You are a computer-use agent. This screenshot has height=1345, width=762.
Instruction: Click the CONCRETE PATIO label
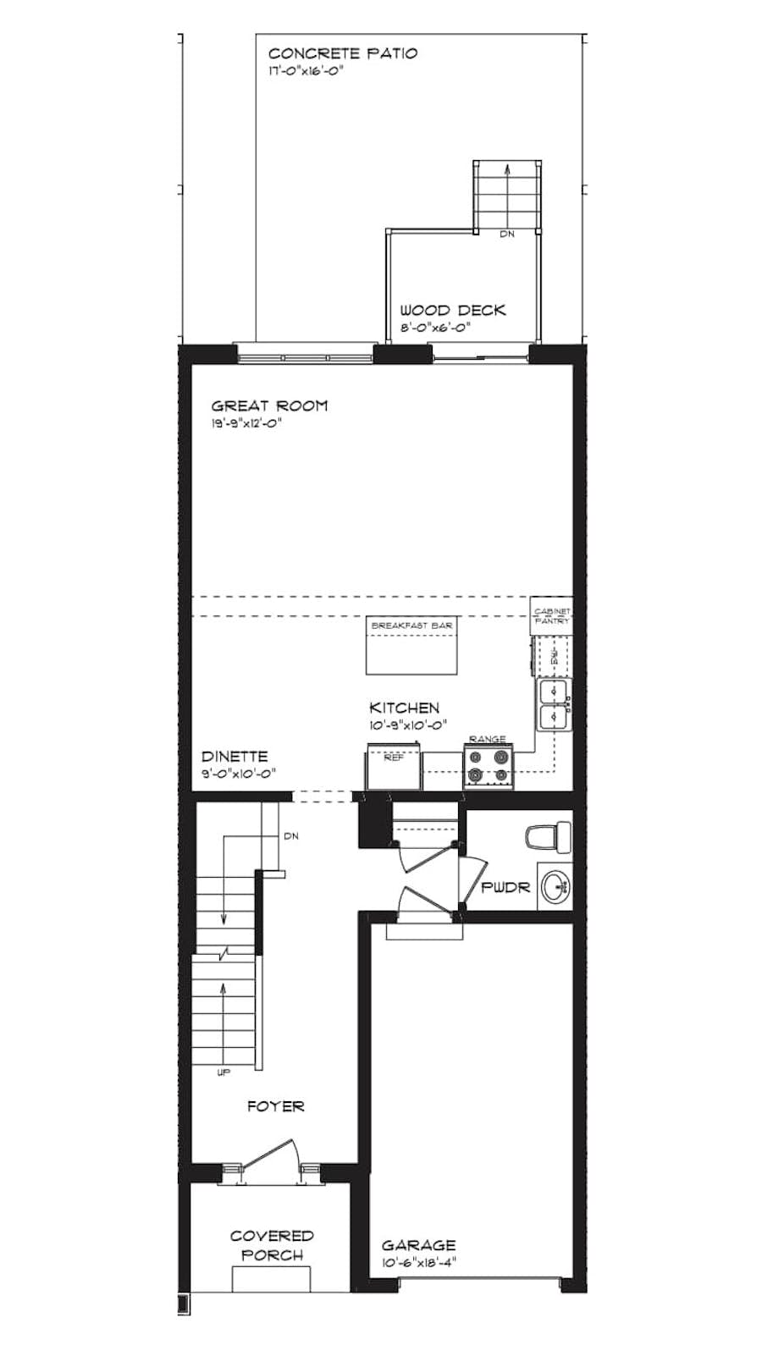pyautogui.click(x=342, y=53)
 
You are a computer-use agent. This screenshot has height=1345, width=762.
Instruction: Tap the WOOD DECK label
pyautogui.click(x=452, y=311)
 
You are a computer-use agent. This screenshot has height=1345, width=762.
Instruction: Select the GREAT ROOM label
pyautogui.click(x=269, y=406)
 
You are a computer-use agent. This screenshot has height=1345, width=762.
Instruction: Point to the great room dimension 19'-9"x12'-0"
pyautogui.click(x=246, y=423)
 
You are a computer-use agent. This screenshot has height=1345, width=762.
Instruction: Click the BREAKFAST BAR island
pyautogui.click(x=411, y=648)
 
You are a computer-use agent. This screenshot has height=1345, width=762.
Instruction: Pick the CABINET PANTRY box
pyautogui.click(x=551, y=616)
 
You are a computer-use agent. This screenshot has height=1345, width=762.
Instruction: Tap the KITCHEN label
pyautogui.click(x=404, y=708)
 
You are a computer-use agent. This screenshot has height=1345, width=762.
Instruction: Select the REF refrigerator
pyautogui.click(x=394, y=765)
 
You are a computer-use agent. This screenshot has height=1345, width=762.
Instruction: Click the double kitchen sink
pyautogui.click(x=554, y=705)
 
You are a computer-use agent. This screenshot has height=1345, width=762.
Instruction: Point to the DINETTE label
pyautogui.click(x=235, y=757)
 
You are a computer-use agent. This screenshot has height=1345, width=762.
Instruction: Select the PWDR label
pyautogui.click(x=505, y=888)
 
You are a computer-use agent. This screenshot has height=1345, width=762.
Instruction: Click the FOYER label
pyautogui.click(x=275, y=1106)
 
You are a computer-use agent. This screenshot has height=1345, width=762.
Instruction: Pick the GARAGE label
pyautogui.click(x=418, y=1245)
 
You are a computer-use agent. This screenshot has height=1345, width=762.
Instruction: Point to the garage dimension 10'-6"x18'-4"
pyautogui.click(x=418, y=1262)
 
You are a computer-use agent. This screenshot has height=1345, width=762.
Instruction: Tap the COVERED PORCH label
pyautogui.click(x=272, y=1245)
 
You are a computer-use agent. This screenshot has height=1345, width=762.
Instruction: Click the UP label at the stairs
pyautogui.click(x=224, y=1073)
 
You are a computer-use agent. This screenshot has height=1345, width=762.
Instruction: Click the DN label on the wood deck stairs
pyautogui.click(x=506, y=234)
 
